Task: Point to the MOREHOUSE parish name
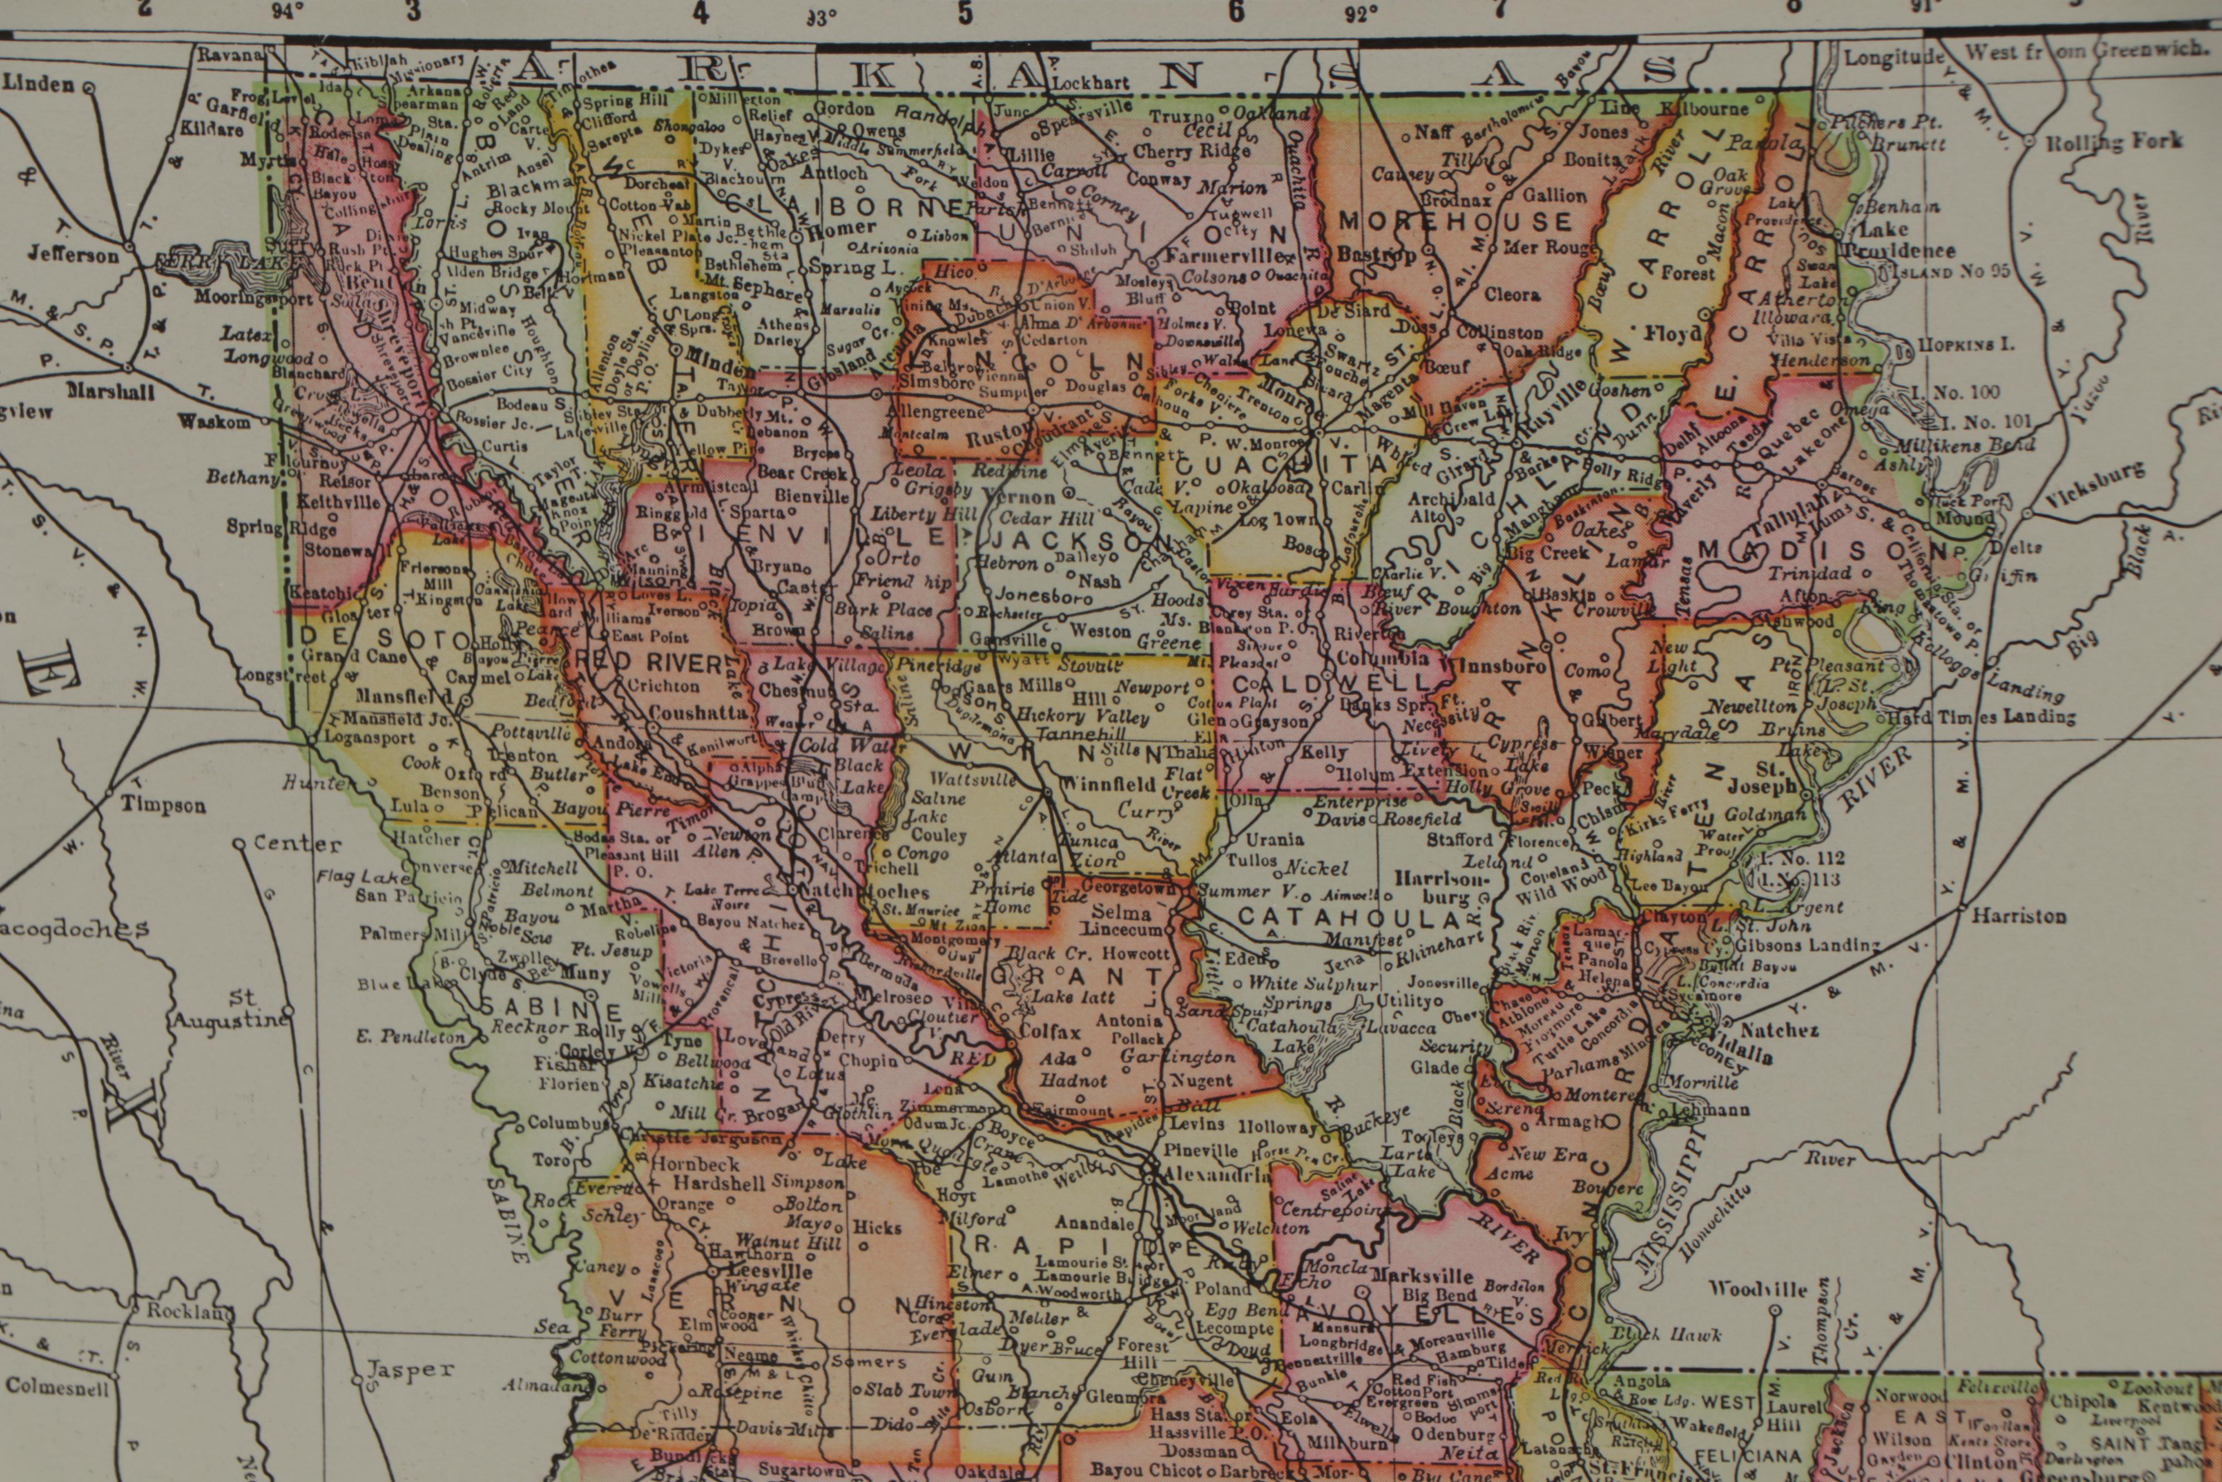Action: (x=1456, y=223)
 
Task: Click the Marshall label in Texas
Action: (x=112, y=391)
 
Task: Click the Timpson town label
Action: (x=162, y=805)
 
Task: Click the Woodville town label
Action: (x=1757, y=1289)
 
